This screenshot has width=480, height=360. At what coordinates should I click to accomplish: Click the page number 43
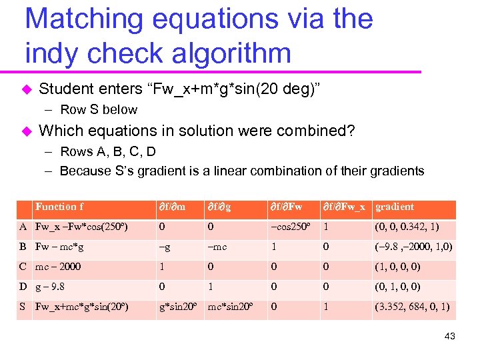click(x=449, y=336)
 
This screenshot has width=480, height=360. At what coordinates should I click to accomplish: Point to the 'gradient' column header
click(x=395, y=207)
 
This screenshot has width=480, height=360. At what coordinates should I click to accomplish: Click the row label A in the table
click(x=23, y=227)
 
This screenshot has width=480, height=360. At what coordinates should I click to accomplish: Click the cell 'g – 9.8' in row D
click(x=53, y=287)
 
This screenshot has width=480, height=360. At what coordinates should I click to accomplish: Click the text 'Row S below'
click(x=99, y=110)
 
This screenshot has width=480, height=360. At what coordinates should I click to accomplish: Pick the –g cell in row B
click(x=164, y=247)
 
